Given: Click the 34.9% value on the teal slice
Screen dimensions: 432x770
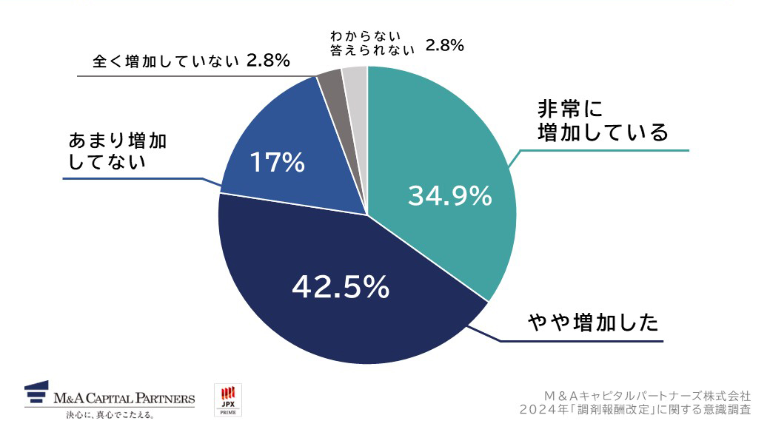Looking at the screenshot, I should tap(449, 196).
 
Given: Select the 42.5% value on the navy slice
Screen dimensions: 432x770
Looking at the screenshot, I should tap(341, 287).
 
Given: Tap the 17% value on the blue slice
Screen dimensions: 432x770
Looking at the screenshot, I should tap(277, 162).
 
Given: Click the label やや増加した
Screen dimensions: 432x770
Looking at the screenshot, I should tap(593, 323).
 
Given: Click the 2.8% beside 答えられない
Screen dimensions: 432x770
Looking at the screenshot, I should tap(444, 46).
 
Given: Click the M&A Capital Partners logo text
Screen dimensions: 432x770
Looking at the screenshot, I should tap(124, 399).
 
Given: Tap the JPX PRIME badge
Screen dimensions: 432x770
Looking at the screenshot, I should tap(227, 399).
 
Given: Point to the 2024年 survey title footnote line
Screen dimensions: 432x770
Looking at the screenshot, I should tap(635, 409).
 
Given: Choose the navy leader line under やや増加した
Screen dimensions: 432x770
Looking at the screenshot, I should tap(577, 342).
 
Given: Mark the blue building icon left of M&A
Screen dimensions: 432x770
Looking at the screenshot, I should tap(36, 394).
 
